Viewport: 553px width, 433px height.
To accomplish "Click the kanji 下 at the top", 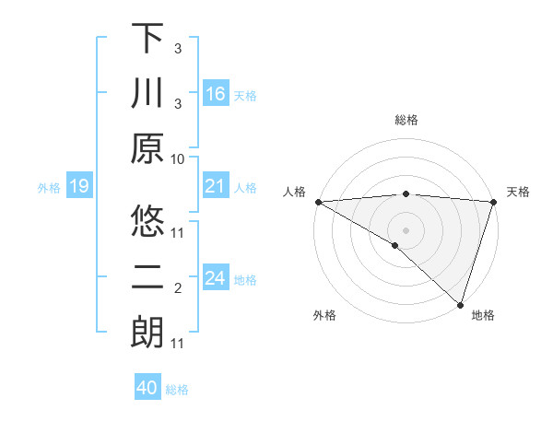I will tap(147, 38).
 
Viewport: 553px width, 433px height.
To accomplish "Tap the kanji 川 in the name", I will tap(147, 95).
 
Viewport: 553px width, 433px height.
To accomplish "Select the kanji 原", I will tap(147, 150).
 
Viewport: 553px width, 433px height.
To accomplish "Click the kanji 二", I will tap(147, 278).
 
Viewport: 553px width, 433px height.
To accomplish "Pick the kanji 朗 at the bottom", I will tap(147, 334).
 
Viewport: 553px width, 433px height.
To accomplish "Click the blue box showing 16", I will tap(216, 94).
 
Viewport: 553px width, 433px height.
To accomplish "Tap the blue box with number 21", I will tap(216, 187).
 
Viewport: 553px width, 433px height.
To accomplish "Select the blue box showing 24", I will tap(216, 279).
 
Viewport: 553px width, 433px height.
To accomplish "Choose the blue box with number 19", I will tap(78, 187).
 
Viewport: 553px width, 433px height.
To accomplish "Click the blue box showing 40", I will tap(147, 388).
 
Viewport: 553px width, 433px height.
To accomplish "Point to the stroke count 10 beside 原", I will tap(178, 158).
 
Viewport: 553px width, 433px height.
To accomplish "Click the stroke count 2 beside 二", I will tap(178, 288).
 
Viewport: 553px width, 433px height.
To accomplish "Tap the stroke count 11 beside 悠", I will tap(178, 231).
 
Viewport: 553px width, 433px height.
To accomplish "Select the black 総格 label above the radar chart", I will tap(406, 120).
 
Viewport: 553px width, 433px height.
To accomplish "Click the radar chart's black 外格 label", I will tap(324, 316).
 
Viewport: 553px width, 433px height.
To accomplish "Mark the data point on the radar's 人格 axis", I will tap(318, 202).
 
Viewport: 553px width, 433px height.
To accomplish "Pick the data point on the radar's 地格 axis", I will tap(460, 304).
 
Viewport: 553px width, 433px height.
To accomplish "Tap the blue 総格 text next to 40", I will tap(177, 390).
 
